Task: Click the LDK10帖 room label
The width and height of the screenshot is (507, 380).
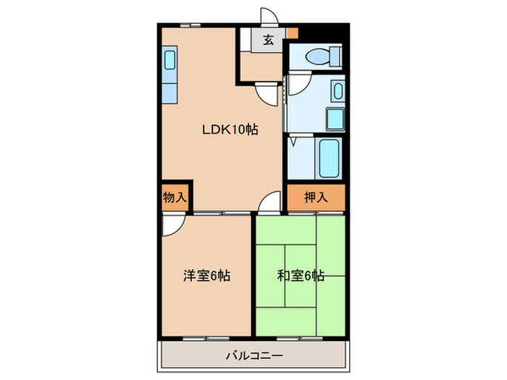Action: pyautogui.click(x=230, y=130)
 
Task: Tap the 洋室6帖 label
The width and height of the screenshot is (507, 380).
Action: pyautogui.click(x=206, y=276)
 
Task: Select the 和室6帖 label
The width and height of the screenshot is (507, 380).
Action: pyautogui.click(x=301, y=276)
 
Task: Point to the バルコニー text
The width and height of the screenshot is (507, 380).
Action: pyautogui.click(x=253, y=355)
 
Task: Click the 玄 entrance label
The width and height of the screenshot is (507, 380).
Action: pyautogui.click(x=268, y=41)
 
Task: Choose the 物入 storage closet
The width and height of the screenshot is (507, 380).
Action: pyautogui.click(x=175, y=196)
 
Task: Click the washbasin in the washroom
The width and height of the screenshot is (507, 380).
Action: pyautogui.click(x=338, y=90)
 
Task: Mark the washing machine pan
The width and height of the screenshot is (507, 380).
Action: pyautogui.click(x=335, y=118)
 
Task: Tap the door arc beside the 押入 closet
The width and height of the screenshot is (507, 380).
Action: pyautogui.click(x=269, y=203)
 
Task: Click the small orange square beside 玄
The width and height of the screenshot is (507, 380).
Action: pyautogui.click(x=291, y=33)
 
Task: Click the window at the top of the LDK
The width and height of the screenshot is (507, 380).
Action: pyautogui.click(x=191, y=25)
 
